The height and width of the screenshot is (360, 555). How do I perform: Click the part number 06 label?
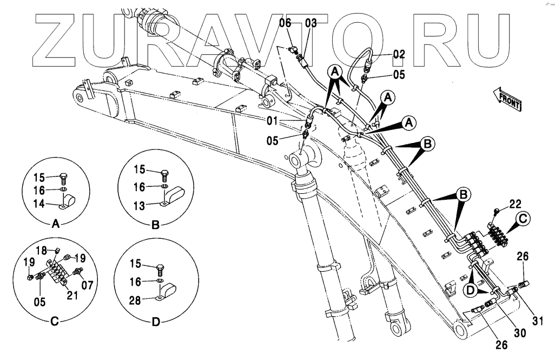(x=285, y=23)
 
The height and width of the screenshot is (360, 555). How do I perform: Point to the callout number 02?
(x=399, y=54)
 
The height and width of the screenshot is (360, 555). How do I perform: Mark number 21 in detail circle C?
(x=72, y=295)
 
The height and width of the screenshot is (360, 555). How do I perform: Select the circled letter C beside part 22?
(x=524, y=219)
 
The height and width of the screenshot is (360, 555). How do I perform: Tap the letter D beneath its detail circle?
(x=155, y=323)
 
